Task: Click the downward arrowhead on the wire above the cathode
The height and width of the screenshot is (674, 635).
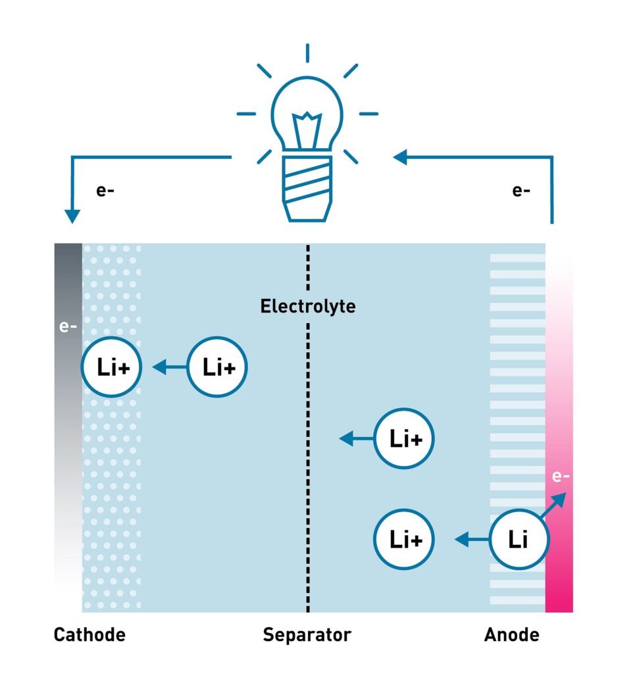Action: point(72,216)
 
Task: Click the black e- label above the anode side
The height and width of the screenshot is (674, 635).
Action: point(521,192)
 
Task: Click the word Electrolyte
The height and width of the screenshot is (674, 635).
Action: point(307,306)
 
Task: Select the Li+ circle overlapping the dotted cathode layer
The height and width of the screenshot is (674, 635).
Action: point(111,367)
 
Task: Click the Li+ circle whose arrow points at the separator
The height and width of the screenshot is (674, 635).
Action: point(404,439)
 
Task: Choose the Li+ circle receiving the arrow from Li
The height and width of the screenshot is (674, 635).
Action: point(404,540)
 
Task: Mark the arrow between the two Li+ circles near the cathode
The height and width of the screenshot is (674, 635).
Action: point(169,367)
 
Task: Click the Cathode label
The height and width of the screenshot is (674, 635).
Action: point(89,635)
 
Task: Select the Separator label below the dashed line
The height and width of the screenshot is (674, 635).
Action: point(307,636)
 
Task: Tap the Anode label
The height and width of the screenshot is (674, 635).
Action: point(511,635)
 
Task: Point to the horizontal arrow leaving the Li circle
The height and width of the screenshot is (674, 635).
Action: point(473,540)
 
